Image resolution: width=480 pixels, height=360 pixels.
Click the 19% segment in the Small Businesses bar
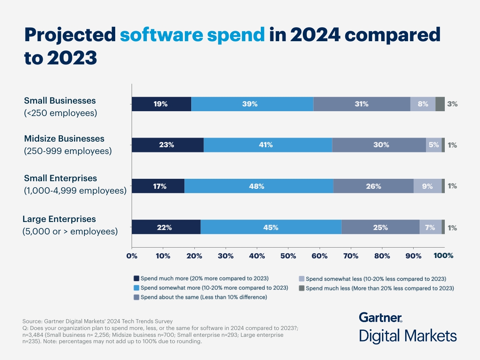(x=161, y=104)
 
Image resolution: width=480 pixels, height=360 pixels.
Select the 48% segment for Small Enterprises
(x=258, y=186)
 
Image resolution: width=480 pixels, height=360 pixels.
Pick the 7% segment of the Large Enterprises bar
(x=430, y=227)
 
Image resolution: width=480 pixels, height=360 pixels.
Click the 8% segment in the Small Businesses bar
(x=423, y=104)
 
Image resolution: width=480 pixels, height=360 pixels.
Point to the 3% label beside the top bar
(x=452, y=104)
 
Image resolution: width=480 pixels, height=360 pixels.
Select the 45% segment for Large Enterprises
(x=271, y=227)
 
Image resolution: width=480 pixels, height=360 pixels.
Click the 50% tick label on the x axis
(x=288, y=256)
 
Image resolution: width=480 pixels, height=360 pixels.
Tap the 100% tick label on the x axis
(x=444, y=256)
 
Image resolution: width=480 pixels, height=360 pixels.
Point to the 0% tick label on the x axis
(x=132, y=256)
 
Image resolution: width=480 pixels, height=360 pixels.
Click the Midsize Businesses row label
(x=64, y=139)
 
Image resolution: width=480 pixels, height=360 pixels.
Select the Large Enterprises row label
(x=59, y=219)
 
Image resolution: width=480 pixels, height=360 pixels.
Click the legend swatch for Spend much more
(x=136, y=278)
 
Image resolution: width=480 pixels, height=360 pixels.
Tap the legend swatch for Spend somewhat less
(x=302, y=278)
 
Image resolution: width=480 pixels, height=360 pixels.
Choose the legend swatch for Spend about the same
(x=136, y=297)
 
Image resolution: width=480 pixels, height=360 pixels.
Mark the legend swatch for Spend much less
(x=302, y=288)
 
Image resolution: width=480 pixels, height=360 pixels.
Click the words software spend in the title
(x=192, y=35)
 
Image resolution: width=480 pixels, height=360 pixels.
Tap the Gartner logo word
(x=380, y=318)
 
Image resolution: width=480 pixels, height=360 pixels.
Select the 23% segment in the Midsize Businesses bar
(x=168, y=145)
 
